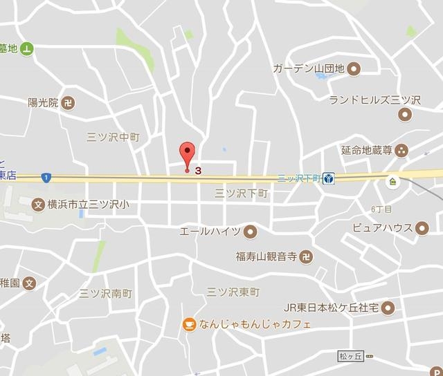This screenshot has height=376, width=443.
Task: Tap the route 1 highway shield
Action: click(45, 178)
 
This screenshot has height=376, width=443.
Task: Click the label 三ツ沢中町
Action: click(114, 138)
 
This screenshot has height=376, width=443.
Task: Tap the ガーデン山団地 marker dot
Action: click(354, 68)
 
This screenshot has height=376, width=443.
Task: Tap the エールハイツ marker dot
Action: click(251, 231)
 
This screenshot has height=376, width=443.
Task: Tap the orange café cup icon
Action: click(188, 323)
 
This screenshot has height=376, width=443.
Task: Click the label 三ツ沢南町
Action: click(105, 293)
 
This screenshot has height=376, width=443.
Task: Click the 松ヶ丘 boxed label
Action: click(350, 357)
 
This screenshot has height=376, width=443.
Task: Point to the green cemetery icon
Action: click(26, 48)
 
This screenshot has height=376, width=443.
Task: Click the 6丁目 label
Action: click(381, 209)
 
